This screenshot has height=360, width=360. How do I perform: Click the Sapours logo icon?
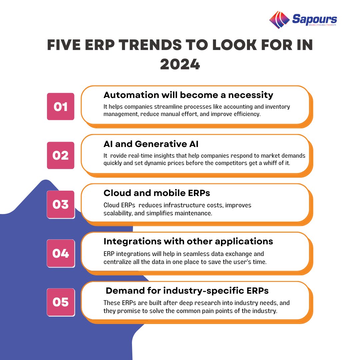(279, 20)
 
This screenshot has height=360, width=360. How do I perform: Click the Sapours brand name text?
(314, 19)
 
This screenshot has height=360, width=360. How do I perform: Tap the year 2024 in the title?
(180, 64)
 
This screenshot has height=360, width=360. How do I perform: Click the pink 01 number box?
(60, 107)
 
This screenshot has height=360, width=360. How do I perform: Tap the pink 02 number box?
(60, 155)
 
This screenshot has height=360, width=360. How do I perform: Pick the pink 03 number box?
(60, 204)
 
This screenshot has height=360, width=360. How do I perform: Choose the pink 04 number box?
(60, 253)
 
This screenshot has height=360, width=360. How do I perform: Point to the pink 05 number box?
(60, 302)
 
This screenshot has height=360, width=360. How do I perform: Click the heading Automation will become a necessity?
(188, 95)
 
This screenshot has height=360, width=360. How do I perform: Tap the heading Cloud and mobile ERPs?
(157, 193)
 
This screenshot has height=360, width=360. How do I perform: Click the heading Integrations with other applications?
(188, 241)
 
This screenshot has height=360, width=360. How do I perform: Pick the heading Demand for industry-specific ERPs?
(187, 291)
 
